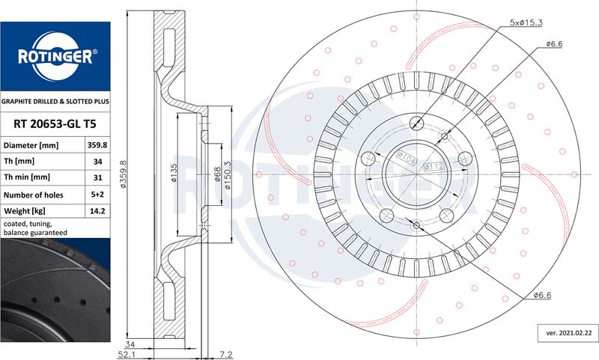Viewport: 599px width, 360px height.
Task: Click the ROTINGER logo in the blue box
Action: coord(55,56)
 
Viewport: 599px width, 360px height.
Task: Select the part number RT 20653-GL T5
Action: coord(55,123)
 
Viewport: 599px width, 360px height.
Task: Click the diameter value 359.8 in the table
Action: coord(97,145)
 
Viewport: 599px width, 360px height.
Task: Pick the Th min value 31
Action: coord(98,177)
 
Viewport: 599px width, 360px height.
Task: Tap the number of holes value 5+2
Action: coord(97,195)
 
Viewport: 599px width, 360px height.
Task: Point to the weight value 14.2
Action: coord(97,211)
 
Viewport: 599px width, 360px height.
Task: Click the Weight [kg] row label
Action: coord(24,211)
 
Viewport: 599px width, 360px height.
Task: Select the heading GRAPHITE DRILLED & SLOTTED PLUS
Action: coord(55,102)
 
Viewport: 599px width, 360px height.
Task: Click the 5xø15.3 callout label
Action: coord(526,22)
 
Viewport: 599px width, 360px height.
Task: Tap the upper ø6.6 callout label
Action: coord(554,44)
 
